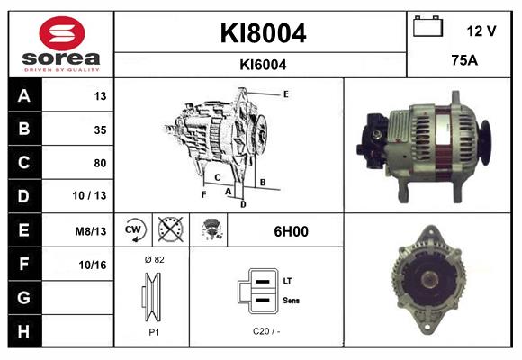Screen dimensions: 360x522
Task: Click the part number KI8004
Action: coord(263,34)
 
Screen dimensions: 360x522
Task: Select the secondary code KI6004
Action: coord(263,64)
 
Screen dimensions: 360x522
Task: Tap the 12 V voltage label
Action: coord(481,31)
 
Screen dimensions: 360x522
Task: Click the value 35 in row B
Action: coord(100,130)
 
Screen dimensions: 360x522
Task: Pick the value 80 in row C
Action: coord(100,163)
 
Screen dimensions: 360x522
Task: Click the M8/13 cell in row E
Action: coord(91,231)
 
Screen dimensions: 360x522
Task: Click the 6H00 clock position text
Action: coord(291,231)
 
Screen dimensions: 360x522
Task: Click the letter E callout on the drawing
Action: coord(285,94)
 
